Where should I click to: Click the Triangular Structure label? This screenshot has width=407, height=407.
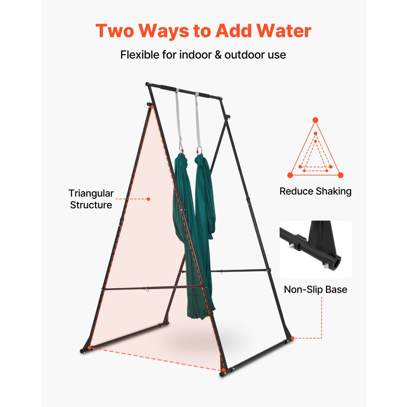pos(91,199)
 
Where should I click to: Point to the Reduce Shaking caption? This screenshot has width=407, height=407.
pos(315,191)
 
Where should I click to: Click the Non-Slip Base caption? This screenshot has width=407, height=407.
pos(315,289)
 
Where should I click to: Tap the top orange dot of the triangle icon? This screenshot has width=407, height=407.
pos(315,120)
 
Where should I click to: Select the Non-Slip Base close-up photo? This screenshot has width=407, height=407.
pos(315,249)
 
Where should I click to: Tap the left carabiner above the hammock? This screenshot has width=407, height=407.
pos(181,150)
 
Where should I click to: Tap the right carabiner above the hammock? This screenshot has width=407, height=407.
pos(199,151)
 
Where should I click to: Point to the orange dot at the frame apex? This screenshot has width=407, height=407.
pos(152,107)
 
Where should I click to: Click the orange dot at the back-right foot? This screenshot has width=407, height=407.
pos(292,338)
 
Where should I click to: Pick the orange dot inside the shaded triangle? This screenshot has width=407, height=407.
pos(148,199)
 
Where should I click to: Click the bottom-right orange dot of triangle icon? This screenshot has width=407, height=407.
pos(341,175)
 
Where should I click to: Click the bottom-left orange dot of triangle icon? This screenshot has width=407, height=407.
pos(290,175)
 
